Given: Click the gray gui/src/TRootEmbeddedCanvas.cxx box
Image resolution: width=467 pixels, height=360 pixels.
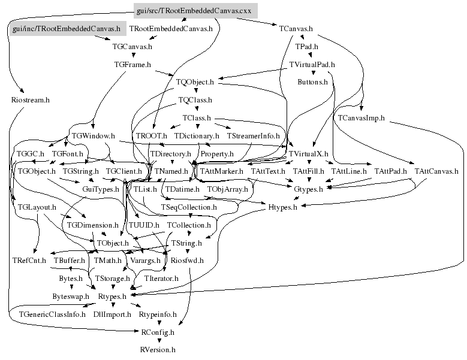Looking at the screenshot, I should pyautogui.click(x=195, y=10).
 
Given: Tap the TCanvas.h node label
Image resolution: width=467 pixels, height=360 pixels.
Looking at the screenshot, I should pyautogui.click(x=296, y=28).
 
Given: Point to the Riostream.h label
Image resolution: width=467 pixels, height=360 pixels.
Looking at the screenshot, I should pyautogui.click(x=30, y=99).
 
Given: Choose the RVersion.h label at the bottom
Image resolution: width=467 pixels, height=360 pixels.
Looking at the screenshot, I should pyautogui.click(x=158, y=349).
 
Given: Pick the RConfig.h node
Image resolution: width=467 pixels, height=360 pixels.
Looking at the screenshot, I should pyautogui.click(x=158, y=332).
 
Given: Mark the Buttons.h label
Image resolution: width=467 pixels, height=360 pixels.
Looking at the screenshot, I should pyautogui.click(x=313, y=81).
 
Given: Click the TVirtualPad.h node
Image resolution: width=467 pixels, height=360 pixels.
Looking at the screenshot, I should pyautogui.click(x=312, y=63).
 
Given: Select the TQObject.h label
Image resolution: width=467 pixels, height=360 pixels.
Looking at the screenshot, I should pyautogui.click(x=195, y=81).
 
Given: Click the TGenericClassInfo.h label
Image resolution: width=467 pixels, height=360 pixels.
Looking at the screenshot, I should pyautogui.click(x=52, y=314).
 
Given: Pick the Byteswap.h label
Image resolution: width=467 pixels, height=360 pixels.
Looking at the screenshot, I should pyautogui.click(x=70, y=297).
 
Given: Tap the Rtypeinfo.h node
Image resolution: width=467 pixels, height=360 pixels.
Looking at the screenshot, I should pyautogui.click(x=158, y=314).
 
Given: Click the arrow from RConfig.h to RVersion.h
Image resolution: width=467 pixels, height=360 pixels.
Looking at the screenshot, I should pyautogui.click(x=158, y=341).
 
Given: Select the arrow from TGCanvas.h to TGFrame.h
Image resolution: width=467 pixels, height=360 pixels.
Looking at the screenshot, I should pyautogui.click(x=132, y=55).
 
